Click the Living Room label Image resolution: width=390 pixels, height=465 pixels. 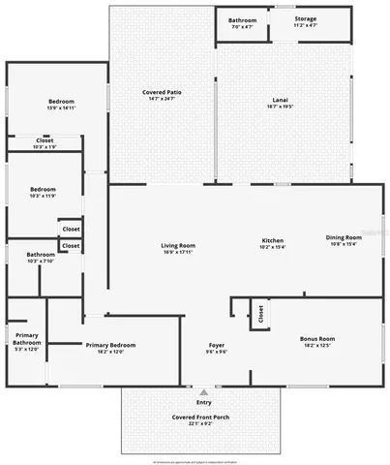coord(178,245)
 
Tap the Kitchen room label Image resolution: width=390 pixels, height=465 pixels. coord(272,240)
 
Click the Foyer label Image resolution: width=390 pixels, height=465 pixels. coord(218,345)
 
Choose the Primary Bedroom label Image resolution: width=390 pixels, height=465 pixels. coord(109,345)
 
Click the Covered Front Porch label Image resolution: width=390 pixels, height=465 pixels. coord(201,417)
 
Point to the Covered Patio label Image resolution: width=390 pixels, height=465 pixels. coord(162,92)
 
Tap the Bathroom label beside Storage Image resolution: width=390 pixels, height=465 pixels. coord(242,20)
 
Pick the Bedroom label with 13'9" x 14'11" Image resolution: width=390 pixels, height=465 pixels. coord(61,101)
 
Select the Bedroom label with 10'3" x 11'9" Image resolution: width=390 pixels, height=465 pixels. coord(43,189)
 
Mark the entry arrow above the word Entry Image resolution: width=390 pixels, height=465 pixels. coord(203,393)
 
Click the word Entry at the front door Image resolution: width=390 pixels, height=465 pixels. coord(203,402)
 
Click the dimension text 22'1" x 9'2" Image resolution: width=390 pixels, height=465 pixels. coord(201,424)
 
